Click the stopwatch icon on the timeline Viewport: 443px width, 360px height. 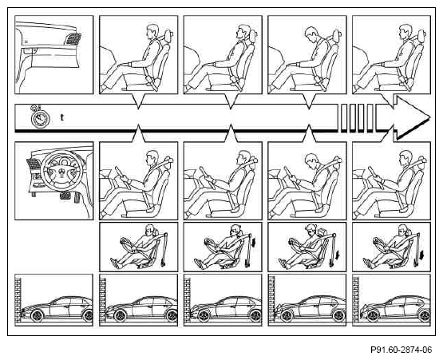(x=40, y=117)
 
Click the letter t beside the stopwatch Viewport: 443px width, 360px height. (x=62, y=117)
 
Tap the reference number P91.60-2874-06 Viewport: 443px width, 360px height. (x=401, y=350)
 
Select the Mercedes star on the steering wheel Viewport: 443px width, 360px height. (x=62, y=172)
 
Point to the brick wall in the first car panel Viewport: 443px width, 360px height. (x=18, y=300)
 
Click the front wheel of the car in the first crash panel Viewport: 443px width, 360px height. (x=37, y=315)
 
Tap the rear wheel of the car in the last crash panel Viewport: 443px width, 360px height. (x=424, y=315)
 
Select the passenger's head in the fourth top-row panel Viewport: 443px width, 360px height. (x=311, y=34)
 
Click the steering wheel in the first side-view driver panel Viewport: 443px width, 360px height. (x=122, y=177)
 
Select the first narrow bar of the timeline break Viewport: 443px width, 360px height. (x=343, y=118)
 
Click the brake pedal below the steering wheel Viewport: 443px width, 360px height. (x=65, y=196)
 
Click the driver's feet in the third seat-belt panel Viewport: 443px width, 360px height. (x=284, y=263)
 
